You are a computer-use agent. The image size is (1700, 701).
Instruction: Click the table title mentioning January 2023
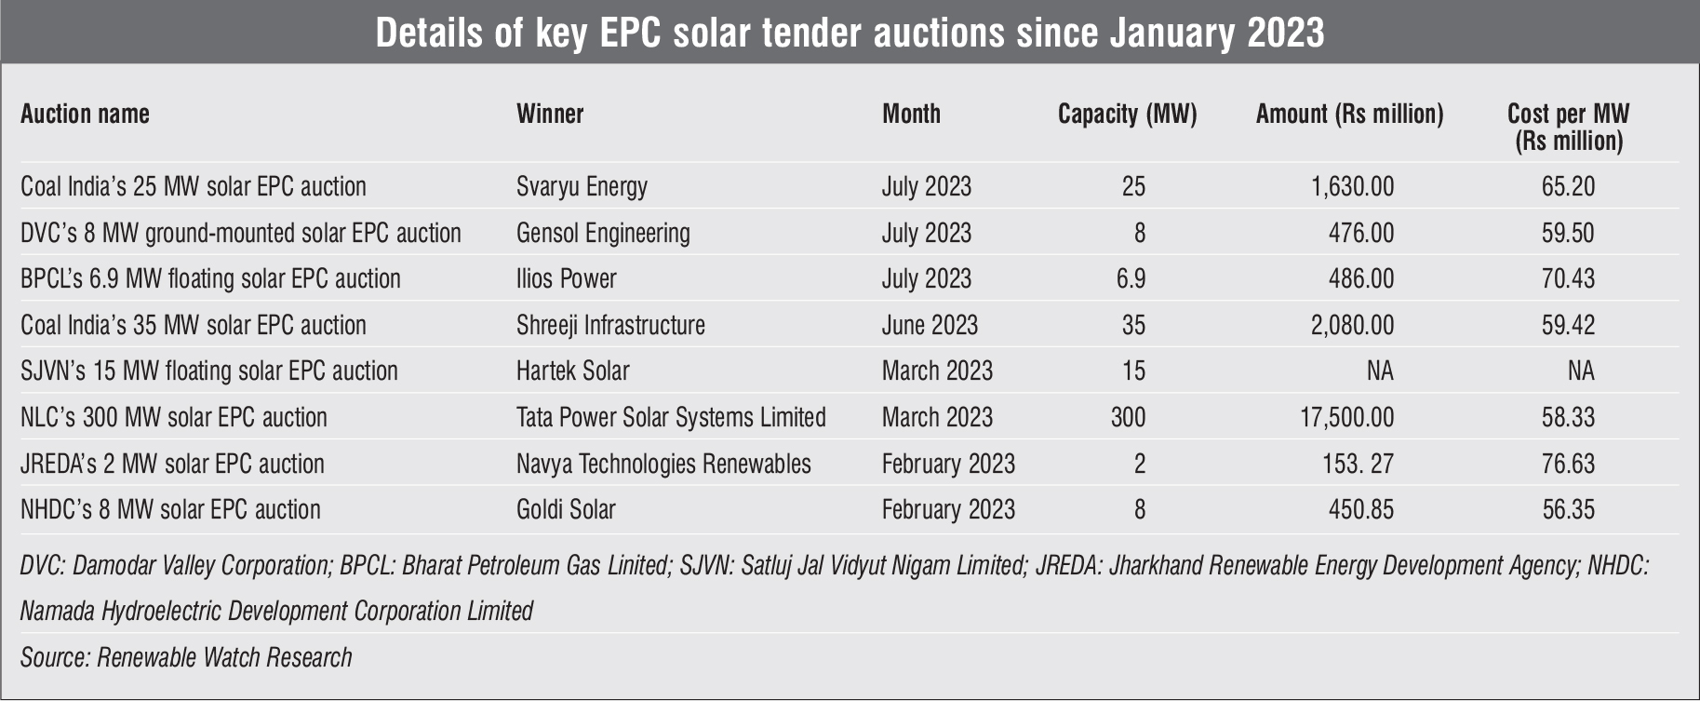pos(850,33)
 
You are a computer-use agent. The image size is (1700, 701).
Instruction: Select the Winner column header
pos(550,114)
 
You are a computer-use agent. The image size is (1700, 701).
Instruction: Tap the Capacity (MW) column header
pos(1127,114)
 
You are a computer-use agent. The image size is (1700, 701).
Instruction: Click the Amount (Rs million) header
pos(1349,114)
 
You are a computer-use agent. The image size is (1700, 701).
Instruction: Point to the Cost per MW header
pos(1568,127)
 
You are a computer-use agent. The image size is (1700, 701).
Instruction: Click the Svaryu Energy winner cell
pos(582,186)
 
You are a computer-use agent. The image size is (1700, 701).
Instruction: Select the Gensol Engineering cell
pos(603,233)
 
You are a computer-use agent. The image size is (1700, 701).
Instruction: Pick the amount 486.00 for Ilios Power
pos(1360,278)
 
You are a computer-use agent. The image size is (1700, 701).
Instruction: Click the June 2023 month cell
pos(930,325)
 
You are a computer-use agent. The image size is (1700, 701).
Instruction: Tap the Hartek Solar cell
pos(572,371)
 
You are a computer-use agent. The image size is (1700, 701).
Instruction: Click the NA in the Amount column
pos(1379,371)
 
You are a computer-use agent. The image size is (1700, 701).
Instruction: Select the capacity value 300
pos(1128,417)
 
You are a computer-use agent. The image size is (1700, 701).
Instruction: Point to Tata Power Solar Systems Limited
pos(671,417)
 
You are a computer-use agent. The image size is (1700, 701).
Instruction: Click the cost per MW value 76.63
pos(1568,464)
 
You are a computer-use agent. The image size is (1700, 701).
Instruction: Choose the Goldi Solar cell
pos(566,509)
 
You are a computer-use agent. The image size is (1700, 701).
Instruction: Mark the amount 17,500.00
pos(1346,417)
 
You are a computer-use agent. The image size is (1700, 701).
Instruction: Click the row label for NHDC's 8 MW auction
pos(170,509)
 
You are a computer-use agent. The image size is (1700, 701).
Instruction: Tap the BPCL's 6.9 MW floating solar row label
pos(210,278)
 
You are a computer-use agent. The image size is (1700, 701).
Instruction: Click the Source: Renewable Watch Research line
pos(186,657)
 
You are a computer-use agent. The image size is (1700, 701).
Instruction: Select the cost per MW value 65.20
pos(1568,186)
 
